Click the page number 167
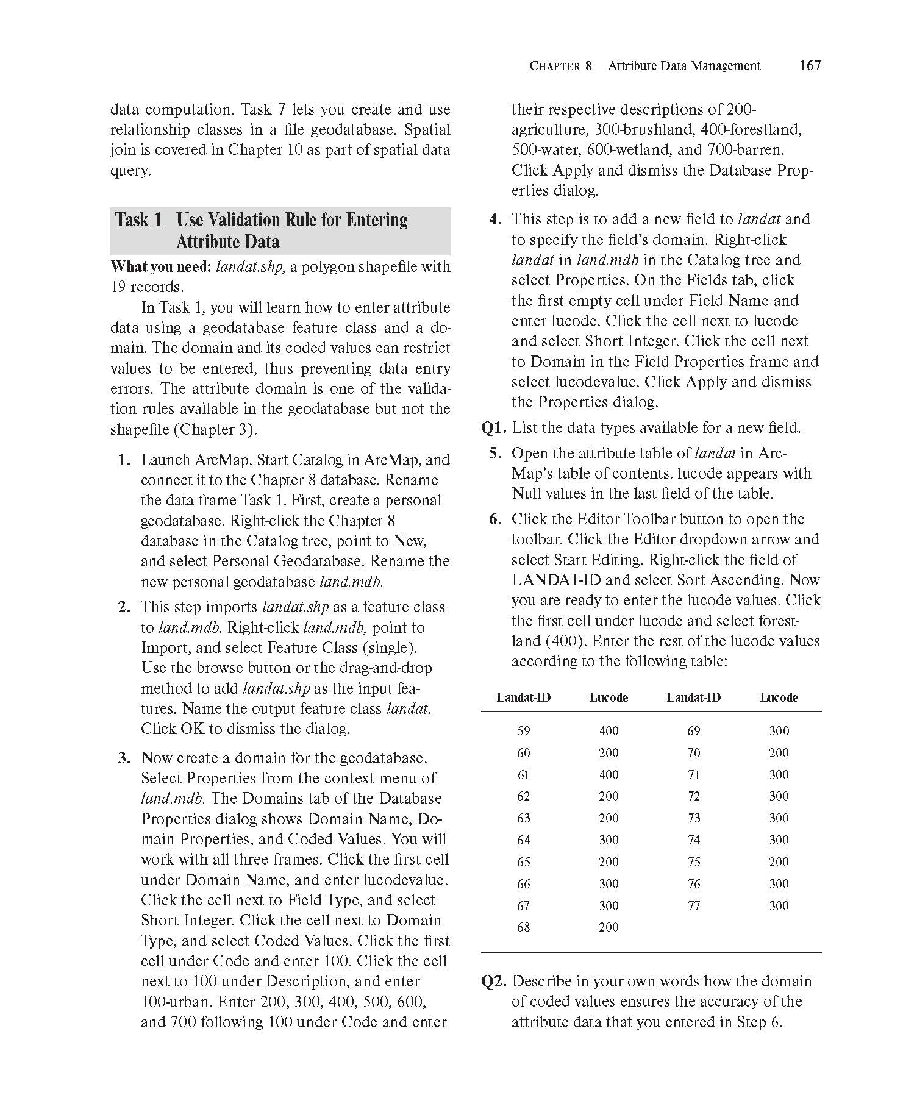pyautogui.click(x=810, y=65)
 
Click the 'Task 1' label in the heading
pyautogui.click(x=138, y=219)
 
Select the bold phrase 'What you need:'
pyautogui.click(x=161, y=267)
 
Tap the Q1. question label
pyautogui.click(x=494, y=428)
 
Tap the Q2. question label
pyautogui.click(x=494, y=982)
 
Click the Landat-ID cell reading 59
pyautogui.click(x=523, y=731)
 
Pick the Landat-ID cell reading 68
pyautogui.click(x=523, y=927)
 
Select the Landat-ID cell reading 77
pyautogui.click(x=694, y=906)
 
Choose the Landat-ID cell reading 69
pyautogui.click(x=694, y=731)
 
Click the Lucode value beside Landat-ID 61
pyautogui.click(x=609, y=775)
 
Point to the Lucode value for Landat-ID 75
pyautogui.click(x=779, y=862)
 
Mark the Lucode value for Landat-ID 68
pyautogui.click(x=609, y=927)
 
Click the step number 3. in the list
pyautogui.click(x=125, y=758)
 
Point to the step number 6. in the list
pyautogui.click(x=495, y=519)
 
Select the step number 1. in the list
pyautogui.click(x=125, y=460)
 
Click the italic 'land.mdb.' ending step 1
pyautogui.click(x=351, y=582)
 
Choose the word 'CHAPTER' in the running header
pyautogui.click(x=560, y=66)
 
